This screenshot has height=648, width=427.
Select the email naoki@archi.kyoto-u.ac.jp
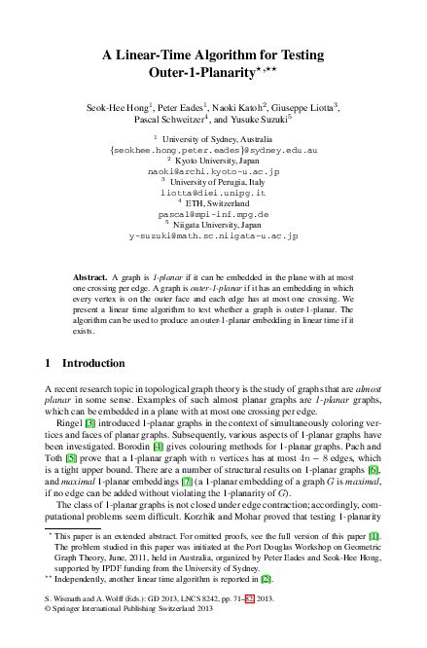(213, 170)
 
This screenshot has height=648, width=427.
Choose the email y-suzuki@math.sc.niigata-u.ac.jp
(213, 236)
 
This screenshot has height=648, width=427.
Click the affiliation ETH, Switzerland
(217, 203)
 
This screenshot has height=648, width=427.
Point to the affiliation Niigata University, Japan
(217, 226)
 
